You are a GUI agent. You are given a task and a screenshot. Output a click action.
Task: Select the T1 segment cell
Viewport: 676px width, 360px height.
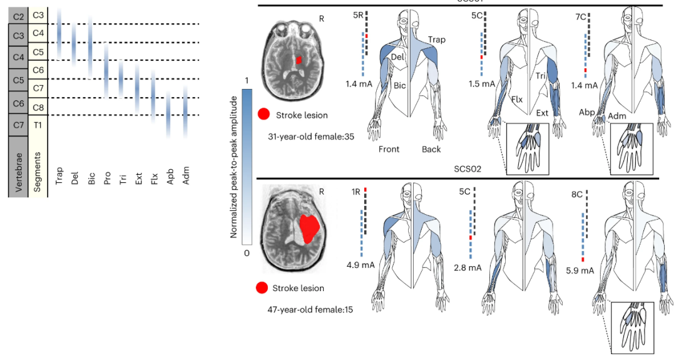tap(38, 125)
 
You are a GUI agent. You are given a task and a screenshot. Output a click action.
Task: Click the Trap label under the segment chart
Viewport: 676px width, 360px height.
tap(59, 178)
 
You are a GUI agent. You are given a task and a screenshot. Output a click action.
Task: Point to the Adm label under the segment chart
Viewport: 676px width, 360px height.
tap(186, 178)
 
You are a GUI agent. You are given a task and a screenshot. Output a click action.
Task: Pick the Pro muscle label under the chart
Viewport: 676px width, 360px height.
tap(107, 179)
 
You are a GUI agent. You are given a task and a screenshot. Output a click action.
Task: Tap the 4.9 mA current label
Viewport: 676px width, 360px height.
tap(360, 265)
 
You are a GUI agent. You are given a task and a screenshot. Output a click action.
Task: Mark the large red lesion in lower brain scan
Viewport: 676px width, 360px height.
tap(310, 228)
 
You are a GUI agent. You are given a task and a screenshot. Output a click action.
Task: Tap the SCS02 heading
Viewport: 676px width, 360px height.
tap(468, 170)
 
